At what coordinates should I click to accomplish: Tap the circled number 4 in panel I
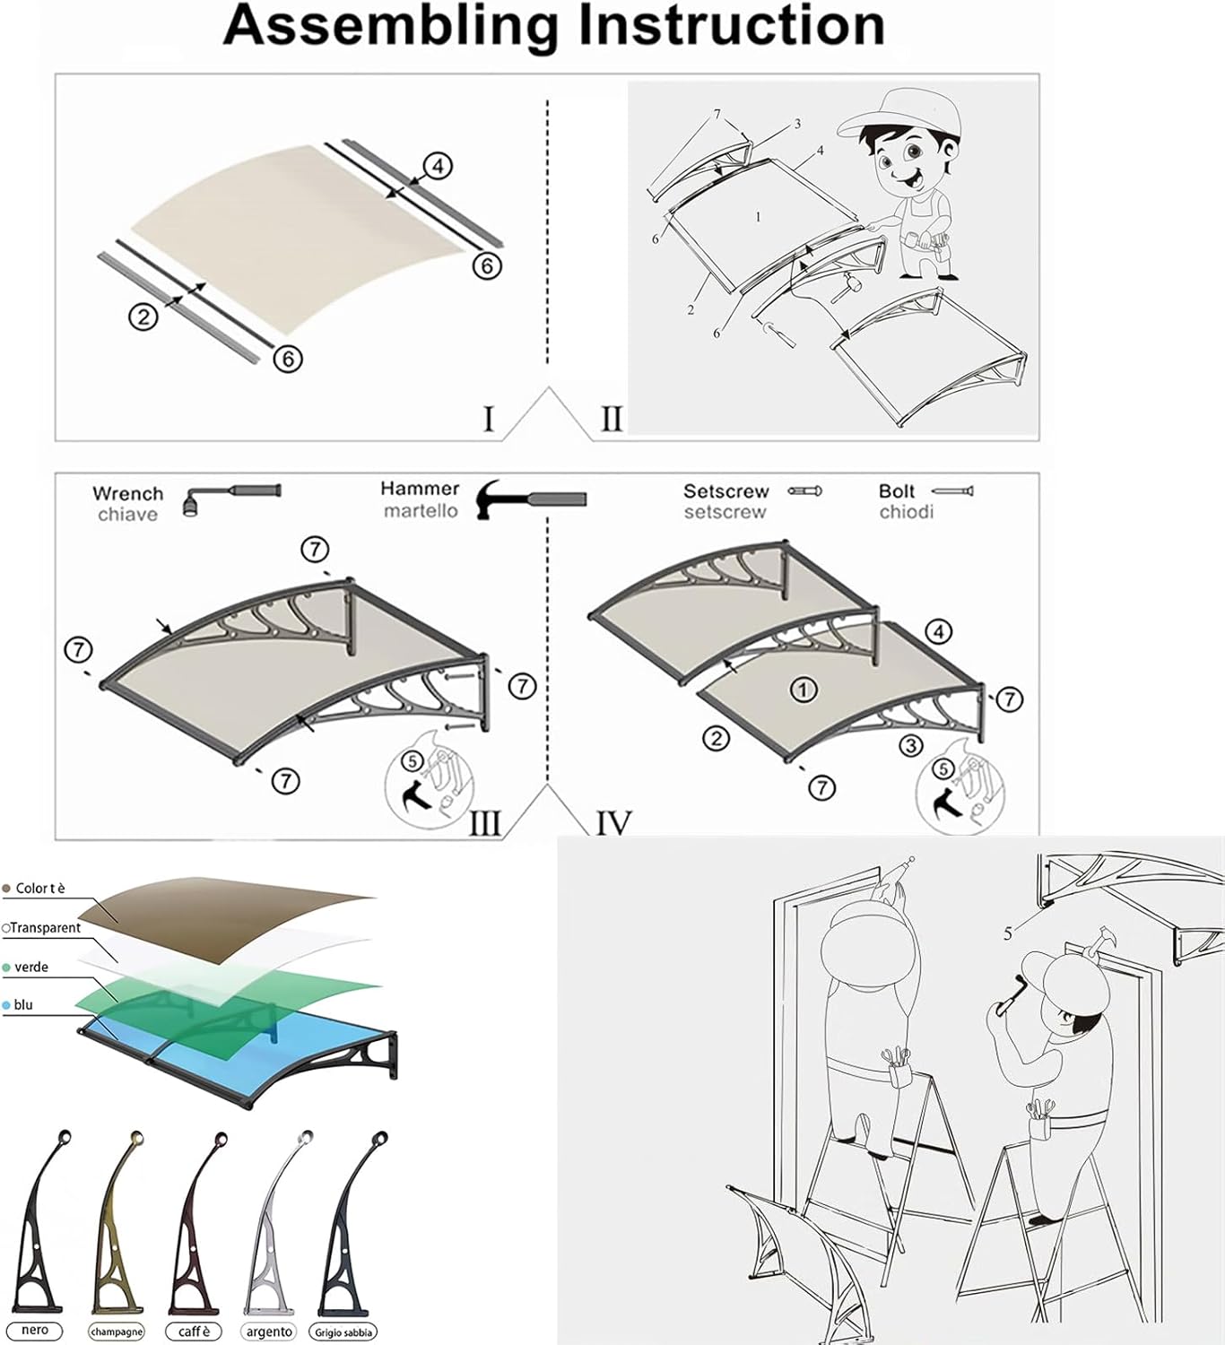pyautogui.click(x=437, y=167)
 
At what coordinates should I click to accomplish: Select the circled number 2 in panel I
pyautogui.click(x=143, y=317)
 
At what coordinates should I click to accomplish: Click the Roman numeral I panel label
pyautogui.click(x=489, y=419)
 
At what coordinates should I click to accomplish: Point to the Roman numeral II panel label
pyautogui.click(x=611, y=419)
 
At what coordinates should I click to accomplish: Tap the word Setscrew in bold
pyautogui.click(x=725, y=491)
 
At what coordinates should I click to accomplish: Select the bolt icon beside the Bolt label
pyautogui.click(x=952, y=490)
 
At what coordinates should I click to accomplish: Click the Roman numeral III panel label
pyautogui.click(x=485, y=823)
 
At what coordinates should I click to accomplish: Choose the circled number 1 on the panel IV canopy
pyautogui.click(x=803, y=690)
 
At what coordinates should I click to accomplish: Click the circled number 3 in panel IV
pyautogui.click(x=911, y=745)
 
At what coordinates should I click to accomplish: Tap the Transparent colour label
pyautogui.click(x=45, y=928)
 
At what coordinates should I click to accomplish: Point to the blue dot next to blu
pyautogui.click(x=7, y=1006)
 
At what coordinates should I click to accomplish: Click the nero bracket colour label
pyautogui.click(x=35, y=1331)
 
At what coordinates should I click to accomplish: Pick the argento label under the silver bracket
pyautogui.click(x=269, y=1332)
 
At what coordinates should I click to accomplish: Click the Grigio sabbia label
pyautogui.click(x=343, y=1332)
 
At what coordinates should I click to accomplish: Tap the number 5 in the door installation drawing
pyautogui.click(x=1008, y=933)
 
